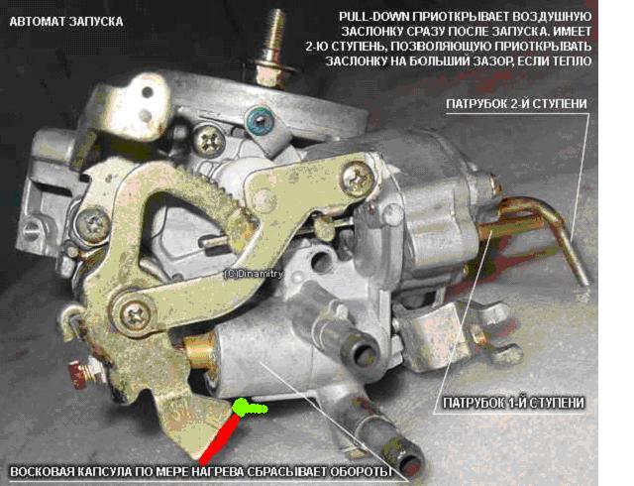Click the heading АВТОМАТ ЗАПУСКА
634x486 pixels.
coord(66,22)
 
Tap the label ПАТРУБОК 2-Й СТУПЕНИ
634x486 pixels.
coord(516,104)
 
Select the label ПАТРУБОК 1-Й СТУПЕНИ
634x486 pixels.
coord(513,403)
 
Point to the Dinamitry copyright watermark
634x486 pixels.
coord(254,274)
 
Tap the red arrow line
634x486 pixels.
coord(220,439)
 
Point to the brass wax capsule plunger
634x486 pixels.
coord(199,351)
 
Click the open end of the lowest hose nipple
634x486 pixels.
coord(411,463)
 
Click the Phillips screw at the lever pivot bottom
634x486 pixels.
coord(135,312)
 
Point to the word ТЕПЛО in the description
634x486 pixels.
coord(568,61)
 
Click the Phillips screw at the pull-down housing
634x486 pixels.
coord(358,179)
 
